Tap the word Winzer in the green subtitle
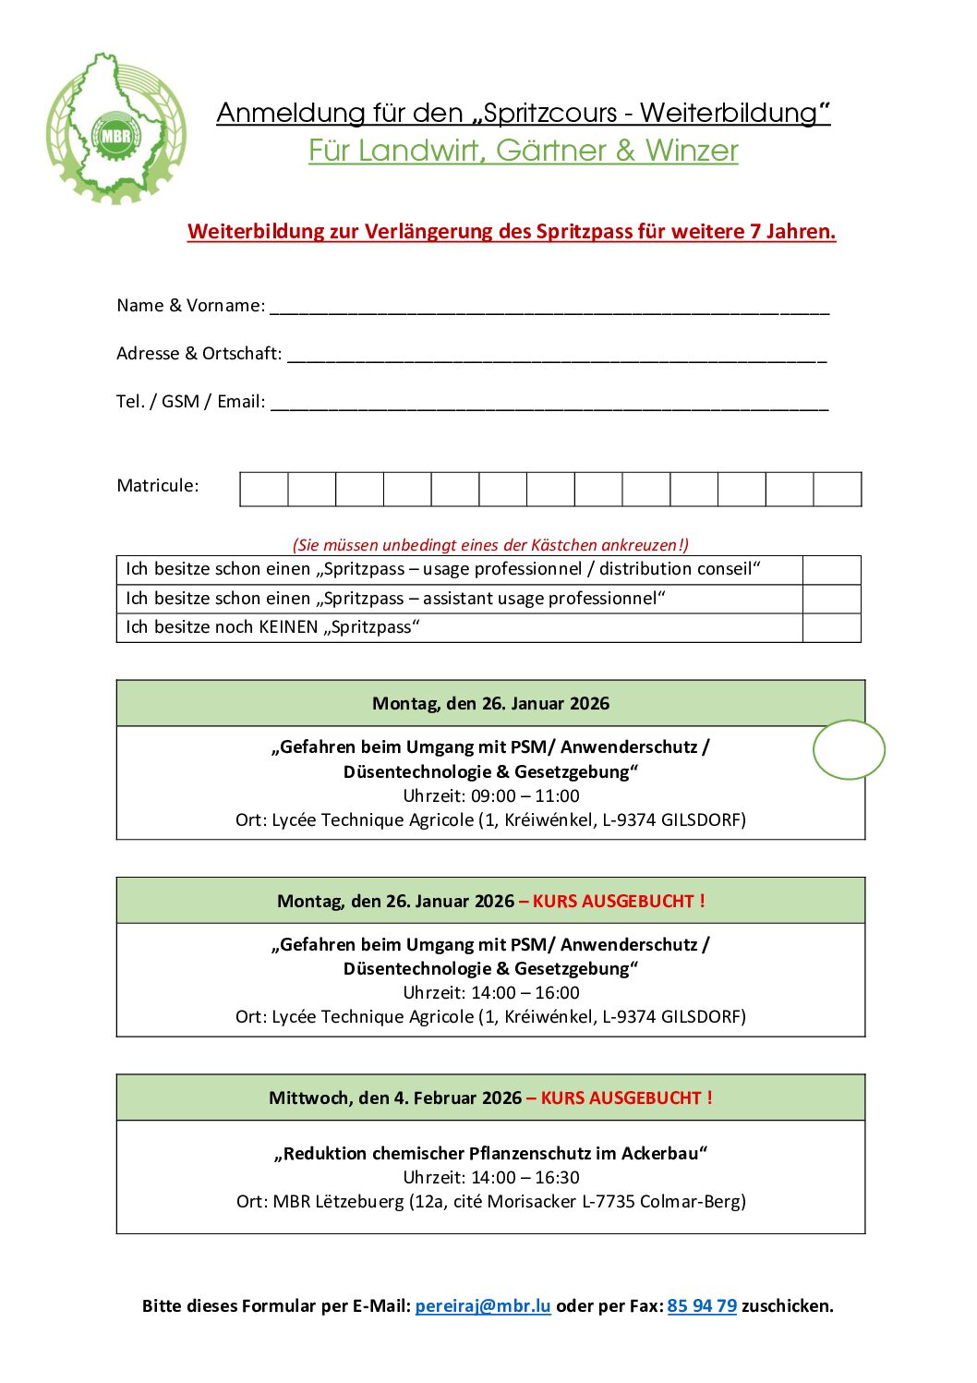click(x=692, y=151)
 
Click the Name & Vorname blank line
click(x=549, y=308)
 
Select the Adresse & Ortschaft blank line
click(x=557, y=356)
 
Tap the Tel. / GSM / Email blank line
click(x=549, y=404)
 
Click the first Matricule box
click(x=264, y=489)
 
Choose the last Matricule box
click(x=838, y=489)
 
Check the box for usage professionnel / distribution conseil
click(x=831, y=570)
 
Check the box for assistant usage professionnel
click(x=831, y=599)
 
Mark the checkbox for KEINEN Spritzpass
click(x=831, y=627)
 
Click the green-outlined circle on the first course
click(x=849, y=749)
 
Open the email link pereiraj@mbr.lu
click(x=483, y=1305)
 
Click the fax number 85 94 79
click(x=702, y=1305)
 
